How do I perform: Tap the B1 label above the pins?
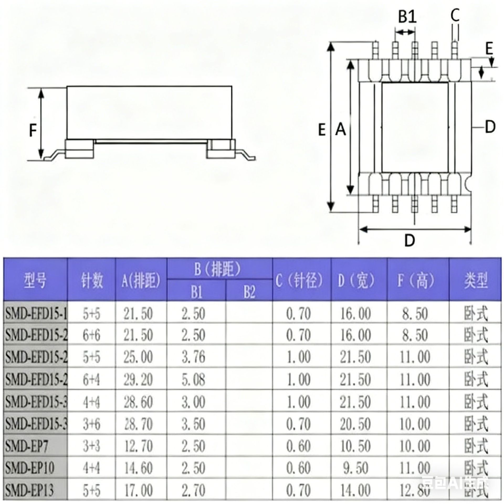click(407, 17)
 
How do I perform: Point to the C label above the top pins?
click(455, 15)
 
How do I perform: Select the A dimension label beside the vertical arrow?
click(340, 129)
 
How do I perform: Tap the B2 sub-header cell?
click(249, 291)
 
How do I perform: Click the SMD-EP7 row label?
click(27, 446)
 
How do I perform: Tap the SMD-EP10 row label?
click(30, 468)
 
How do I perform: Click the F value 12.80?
click(415, 490)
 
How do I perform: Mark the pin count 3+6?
click(91, 424)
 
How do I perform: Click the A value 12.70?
click(138, 446)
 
